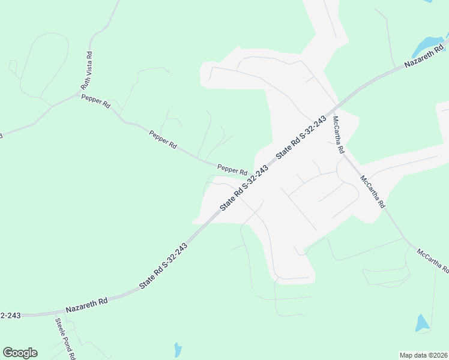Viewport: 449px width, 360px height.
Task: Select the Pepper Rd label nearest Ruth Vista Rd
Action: [x=96, y=100]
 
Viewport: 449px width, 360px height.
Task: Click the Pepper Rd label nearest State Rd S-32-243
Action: [x=232, y=170]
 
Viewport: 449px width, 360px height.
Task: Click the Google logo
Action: [x=20, y=353]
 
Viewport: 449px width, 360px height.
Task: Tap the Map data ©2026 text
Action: [x=423, y=355]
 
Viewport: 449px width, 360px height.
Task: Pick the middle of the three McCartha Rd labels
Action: [x=373, y=191]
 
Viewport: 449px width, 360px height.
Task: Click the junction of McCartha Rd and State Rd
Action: [x=331, y=114]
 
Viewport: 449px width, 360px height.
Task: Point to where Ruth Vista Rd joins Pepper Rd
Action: [x=83, y=93]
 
